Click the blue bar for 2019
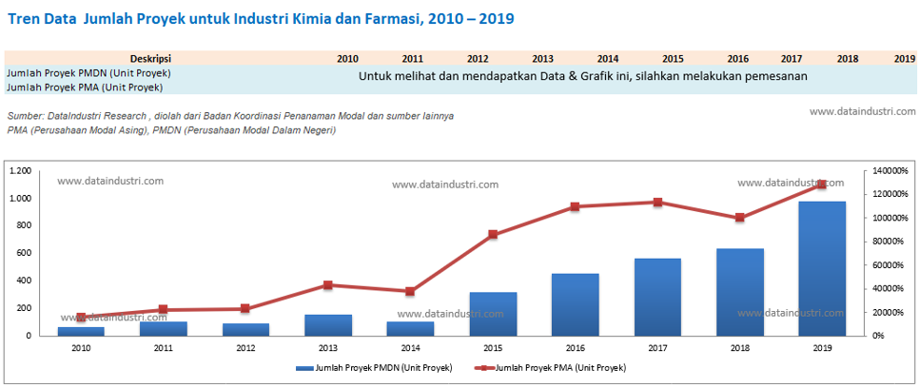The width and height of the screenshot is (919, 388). coord(822,268)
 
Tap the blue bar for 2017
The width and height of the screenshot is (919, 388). coord(657,297)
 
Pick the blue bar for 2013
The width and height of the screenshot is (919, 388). coord(327,324)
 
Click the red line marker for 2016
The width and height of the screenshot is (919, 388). coord(576,206)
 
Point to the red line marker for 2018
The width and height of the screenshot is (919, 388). coord(740,218)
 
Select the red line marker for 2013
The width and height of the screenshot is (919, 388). coord(327,284)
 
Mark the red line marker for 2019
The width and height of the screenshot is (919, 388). coord(822,184)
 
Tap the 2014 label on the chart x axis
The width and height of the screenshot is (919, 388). coord(410,348)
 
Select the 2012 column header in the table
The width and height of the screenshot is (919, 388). coord(478,58)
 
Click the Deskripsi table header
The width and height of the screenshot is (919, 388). coord(150,58)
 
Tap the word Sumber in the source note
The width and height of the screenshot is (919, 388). coord(25,115)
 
